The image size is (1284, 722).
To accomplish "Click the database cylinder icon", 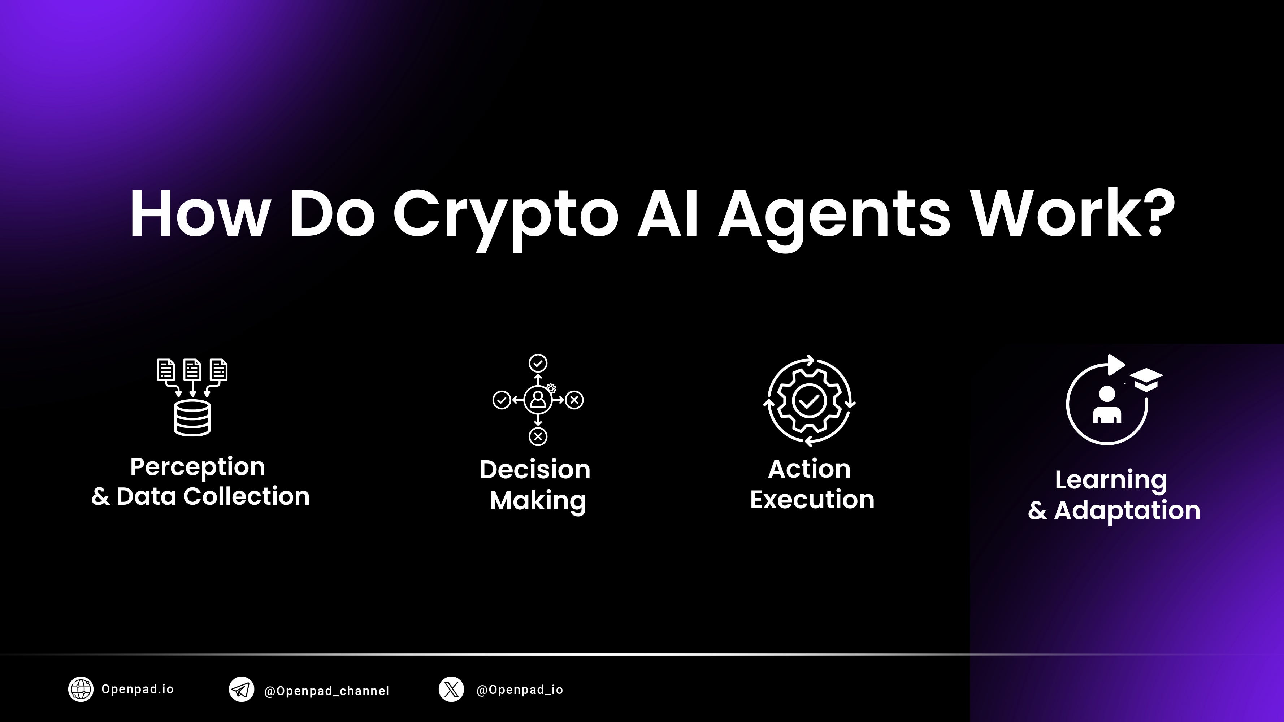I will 192,418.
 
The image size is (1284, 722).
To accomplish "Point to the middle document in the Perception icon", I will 192,370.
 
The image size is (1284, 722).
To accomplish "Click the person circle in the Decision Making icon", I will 538,400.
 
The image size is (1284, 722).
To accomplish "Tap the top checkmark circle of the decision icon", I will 538,363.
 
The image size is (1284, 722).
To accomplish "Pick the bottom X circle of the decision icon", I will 538,436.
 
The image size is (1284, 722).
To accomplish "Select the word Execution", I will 812,499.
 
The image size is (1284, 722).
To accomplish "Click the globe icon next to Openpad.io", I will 81,689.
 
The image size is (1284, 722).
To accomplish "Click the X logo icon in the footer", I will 451,690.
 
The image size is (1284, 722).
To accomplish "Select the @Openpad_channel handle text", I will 326,691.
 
